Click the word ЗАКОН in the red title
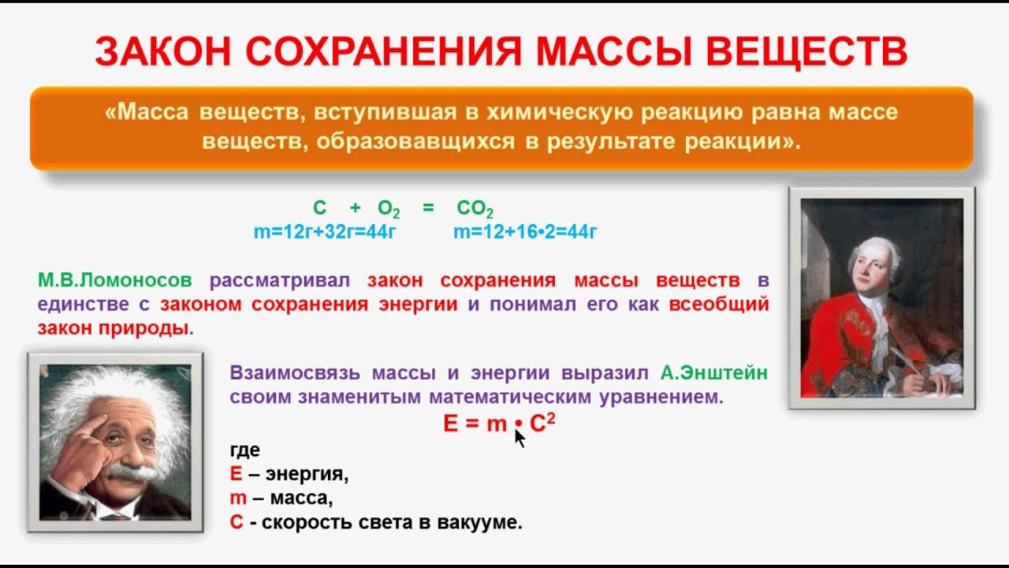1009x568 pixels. click(x=163, y=50)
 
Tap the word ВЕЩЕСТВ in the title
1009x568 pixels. click(x=806, y=50)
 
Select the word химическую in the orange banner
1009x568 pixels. click(x=560, y=112)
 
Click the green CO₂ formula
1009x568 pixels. click(x=475, y=209)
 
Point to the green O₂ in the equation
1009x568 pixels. click(x=389, y=209)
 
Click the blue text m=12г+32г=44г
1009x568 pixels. click(x=325, y=232)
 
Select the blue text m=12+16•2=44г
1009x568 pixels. click(x=525, y=232)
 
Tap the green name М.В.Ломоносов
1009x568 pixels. click(x=115, y=280)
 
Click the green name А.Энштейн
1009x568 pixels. click(x=714, y=373)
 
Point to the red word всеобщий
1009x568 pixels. click(x=719, y=305)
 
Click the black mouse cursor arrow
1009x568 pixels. click(x=519, y=439)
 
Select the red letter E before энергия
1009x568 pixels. click(x=236, y=474)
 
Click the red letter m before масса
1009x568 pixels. click(x=238, y=499)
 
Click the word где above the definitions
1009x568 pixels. click(x=245, y=450)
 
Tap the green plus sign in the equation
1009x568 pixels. click(x=356, y=207)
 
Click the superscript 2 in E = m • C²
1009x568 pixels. click(x=551, y=419)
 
